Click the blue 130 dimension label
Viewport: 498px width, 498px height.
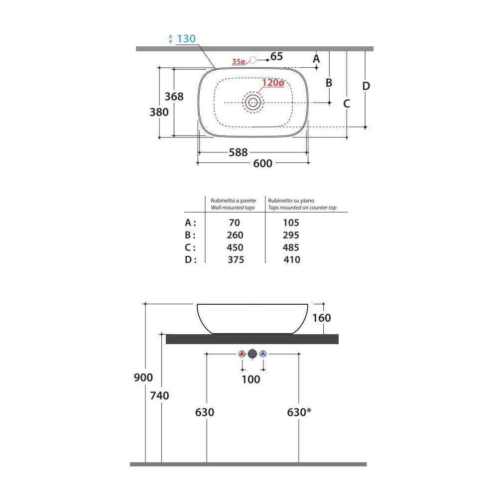click(x=186, y=39)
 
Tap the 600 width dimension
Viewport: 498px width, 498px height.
click(x=262, y=163)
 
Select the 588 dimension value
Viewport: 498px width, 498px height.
click(x=238, y=152)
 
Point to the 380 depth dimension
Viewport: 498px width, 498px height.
click(x=159, y=112)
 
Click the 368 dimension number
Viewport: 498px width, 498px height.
click(x=174, y=97)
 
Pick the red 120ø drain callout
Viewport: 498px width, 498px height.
click(x=273, y=83)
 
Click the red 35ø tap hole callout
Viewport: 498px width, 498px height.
click(x=239, y=62)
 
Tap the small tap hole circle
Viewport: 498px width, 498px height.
click(x=253, y=60)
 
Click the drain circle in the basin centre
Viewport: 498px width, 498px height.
click(x=253, y=102)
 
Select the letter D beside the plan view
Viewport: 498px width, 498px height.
click(x=366, y=86)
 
